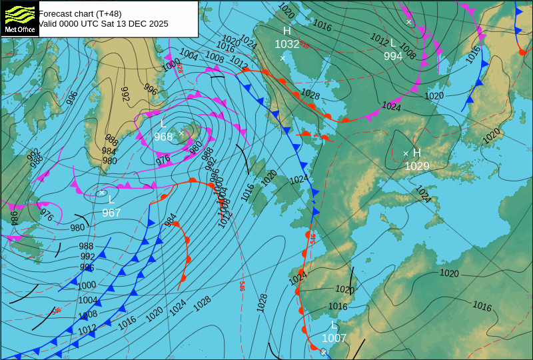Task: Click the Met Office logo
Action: point(19,18)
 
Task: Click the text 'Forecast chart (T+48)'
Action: point(80,13)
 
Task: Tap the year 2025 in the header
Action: point(157,23)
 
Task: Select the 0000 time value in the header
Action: point(75,23)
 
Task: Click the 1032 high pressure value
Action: point(287,45)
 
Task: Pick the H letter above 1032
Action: point(287,31)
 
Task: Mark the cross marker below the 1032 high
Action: point(282,58)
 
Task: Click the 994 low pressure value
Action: point(393,57)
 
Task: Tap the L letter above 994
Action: point(393,43)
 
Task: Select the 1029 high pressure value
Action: point(417,167)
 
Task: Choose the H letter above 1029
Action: point(417,153)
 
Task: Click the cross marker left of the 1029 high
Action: point(406,153)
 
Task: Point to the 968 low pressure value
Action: point(163,137)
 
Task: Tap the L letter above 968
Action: point(163,124)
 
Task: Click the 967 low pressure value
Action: point(112,213)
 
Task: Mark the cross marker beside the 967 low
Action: point(102,193)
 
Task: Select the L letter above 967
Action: point(112,199)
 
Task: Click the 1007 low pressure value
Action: point(334,339)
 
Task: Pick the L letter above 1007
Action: point(334,325)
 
